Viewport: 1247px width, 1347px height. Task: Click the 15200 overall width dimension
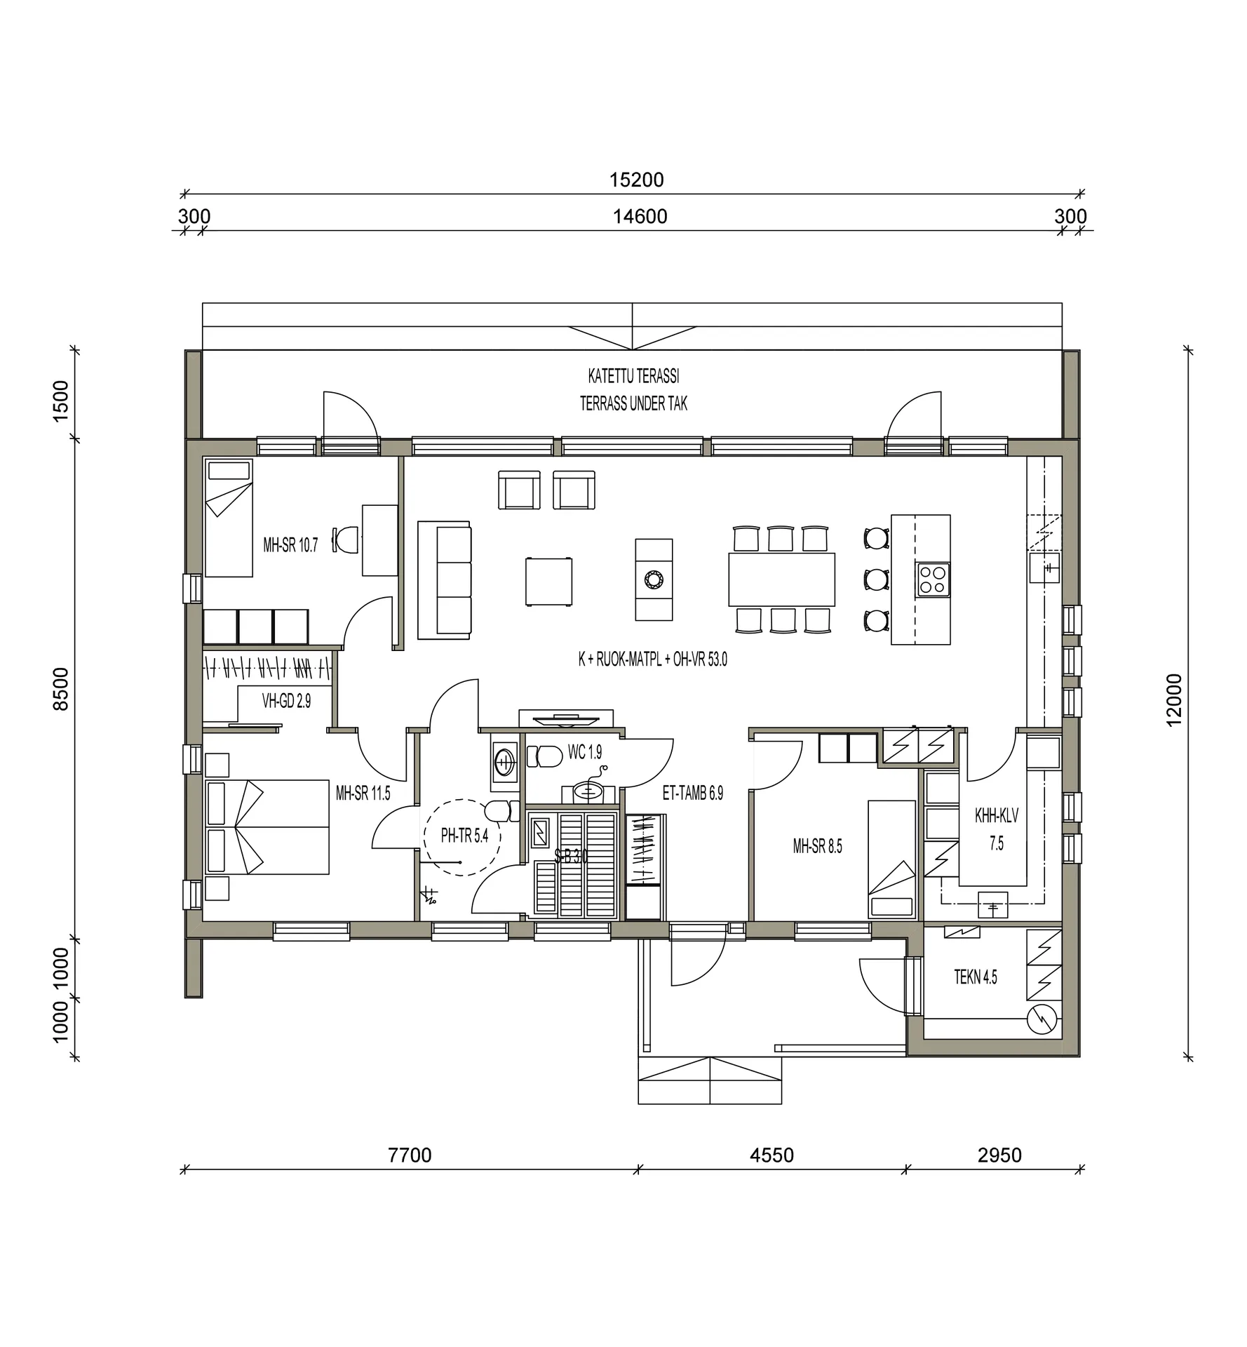(x=636, y=180)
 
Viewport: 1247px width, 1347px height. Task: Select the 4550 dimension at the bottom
(x=771, y=1155)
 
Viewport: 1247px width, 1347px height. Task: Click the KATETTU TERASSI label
(x=633, y=377)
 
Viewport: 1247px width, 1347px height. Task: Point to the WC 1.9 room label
(x=584, y=753)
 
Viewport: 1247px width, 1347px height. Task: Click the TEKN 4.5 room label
(x=975, y=977)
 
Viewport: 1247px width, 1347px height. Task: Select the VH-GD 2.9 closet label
(x=286, y=701)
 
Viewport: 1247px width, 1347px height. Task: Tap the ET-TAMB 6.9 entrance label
(x=692, y=793)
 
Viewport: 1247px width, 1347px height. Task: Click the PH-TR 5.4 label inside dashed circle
(x=464, y=836)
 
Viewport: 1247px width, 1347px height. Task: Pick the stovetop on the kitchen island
(x=933, y=579)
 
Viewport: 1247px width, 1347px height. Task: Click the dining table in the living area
(x=781, y=579)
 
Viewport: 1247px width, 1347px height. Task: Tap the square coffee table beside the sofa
(x=548, y=581)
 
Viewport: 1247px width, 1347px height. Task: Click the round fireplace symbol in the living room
(x=654, y=579)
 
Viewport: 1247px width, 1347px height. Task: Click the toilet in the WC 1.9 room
(x=545, y=756)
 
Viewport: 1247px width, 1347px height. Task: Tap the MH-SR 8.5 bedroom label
(x=817, y=846)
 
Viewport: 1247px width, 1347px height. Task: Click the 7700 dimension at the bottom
(x=410, y=1155)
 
